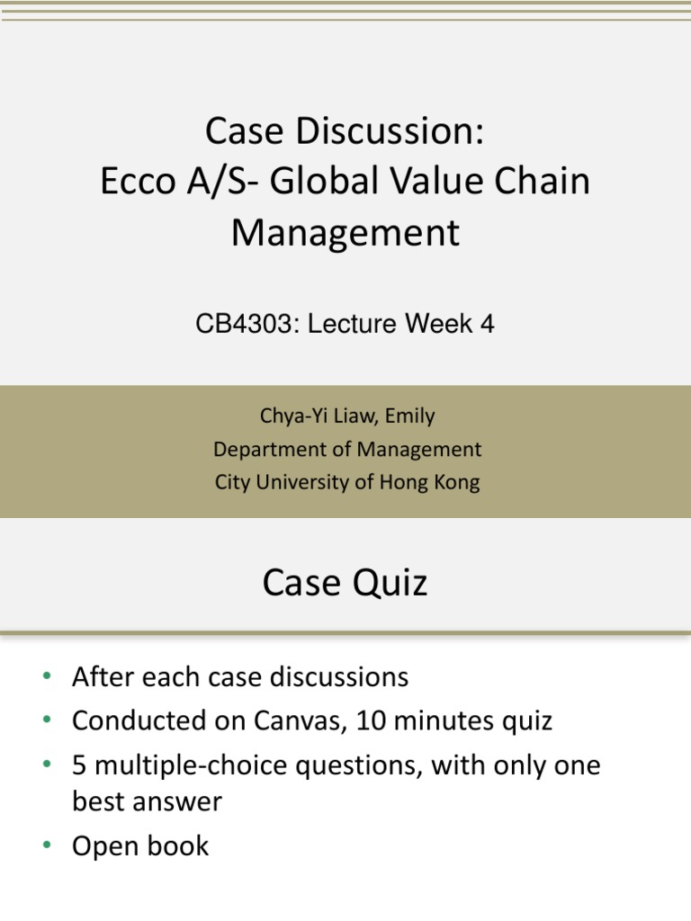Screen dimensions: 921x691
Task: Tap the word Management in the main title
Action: coord(345,233)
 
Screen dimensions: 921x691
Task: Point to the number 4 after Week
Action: coord(488,324)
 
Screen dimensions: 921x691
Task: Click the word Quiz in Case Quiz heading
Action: coord(389,584)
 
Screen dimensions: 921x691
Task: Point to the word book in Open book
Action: coord(180,846)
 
